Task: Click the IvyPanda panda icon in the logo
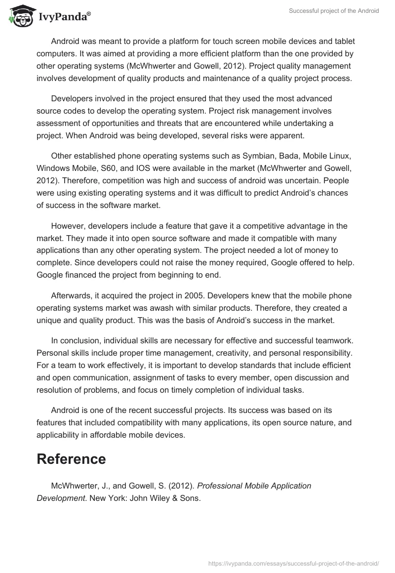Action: click(x=20, y=16)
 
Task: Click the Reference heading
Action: click(x=71, y=459)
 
